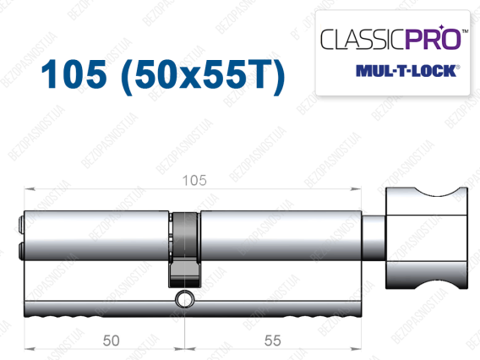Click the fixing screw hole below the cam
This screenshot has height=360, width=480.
point(184,298)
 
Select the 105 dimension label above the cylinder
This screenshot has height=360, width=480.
point(194,180)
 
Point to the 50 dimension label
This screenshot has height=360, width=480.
point(111,341)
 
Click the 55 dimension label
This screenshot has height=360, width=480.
point(272,341)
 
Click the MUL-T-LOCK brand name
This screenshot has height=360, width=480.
point(407,71)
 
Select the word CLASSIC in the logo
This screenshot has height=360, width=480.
point(363,39)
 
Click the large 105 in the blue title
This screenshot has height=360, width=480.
point(74,74)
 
